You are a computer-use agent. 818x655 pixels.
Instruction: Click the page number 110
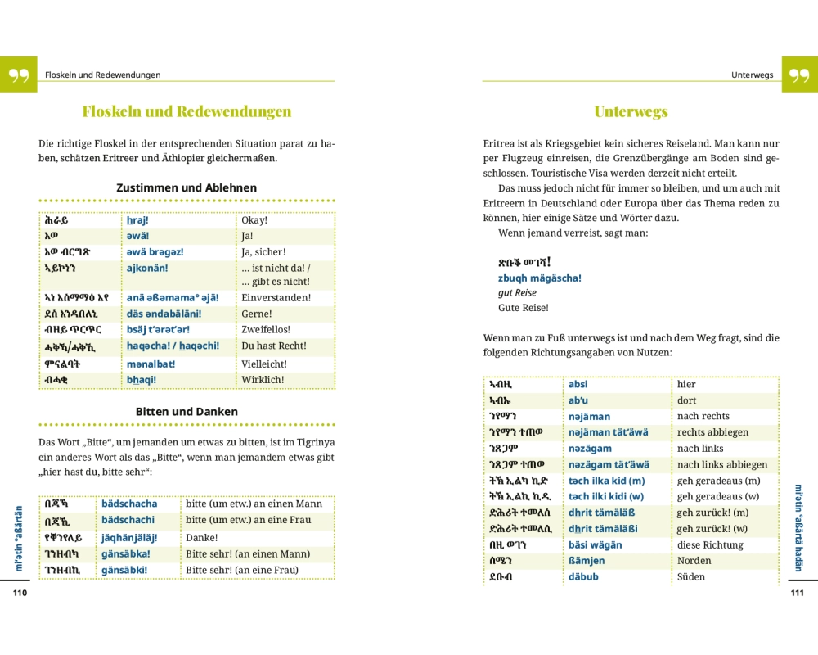(x=20, y=593)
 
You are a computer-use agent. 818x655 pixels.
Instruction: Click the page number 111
(x=798, y=593)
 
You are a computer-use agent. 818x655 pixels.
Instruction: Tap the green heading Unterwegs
(x=631, y=112)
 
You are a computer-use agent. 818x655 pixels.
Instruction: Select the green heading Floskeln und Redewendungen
(x=187, y=112)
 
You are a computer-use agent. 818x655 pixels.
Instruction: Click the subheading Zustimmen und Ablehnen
(x=187, y=187)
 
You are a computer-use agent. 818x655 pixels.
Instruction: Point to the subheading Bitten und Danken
(x=187, y=412)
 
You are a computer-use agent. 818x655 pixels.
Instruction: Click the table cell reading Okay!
(x=254, y=220)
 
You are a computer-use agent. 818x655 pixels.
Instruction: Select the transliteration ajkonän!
(x=147, y=268)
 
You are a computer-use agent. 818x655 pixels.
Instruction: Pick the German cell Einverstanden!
(x=276, y=298)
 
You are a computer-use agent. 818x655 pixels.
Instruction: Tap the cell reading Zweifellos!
(x=266, y=330)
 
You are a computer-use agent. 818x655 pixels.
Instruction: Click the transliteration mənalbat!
(x=151, y=364)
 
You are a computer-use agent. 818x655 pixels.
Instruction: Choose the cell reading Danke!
(x=201, y=538)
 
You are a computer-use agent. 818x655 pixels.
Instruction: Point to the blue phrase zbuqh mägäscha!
(x=539, y=278)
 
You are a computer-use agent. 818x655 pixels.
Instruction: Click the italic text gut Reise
(x=517, y=293)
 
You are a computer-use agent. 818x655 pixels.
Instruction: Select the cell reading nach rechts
(x=703, y=416)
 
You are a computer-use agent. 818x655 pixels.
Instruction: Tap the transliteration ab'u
(x=578, y=400)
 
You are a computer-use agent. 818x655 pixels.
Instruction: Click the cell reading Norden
(x=694, y=561)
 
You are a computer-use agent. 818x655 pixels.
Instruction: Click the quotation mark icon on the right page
(x=799, y=75)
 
